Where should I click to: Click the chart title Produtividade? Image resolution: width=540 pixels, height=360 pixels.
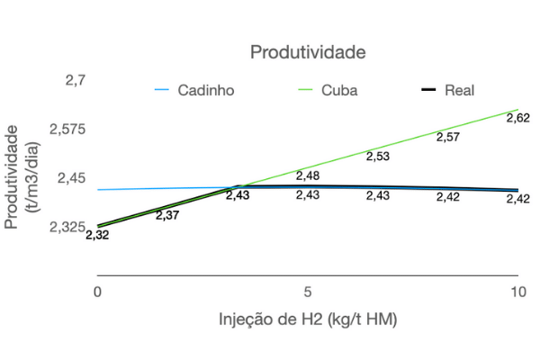(308, 52)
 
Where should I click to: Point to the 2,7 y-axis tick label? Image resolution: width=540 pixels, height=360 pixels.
(75, 80)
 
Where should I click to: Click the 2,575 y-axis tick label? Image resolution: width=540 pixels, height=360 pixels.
(67, 130)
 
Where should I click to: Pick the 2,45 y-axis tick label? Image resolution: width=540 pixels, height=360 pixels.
(71, 178)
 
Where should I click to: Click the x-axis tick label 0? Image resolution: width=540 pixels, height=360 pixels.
(97, 292)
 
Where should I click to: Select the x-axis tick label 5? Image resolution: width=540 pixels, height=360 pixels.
(308, 292)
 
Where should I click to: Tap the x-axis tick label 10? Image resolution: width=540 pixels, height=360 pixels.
(517, 292)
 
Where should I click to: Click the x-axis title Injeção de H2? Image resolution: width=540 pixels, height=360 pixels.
(308, 319)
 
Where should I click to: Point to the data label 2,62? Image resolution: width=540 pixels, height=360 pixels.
(517, 117)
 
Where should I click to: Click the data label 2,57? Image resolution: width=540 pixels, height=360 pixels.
(448, 137)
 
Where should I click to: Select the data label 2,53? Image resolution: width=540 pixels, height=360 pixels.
(378, 156)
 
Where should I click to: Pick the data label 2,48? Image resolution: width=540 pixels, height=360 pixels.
(308, 175)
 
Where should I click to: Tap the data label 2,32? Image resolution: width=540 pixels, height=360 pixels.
(97, 235)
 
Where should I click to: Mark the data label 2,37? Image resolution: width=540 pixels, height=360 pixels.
(167, 215)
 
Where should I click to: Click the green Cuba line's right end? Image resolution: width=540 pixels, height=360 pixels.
(517, 110)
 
